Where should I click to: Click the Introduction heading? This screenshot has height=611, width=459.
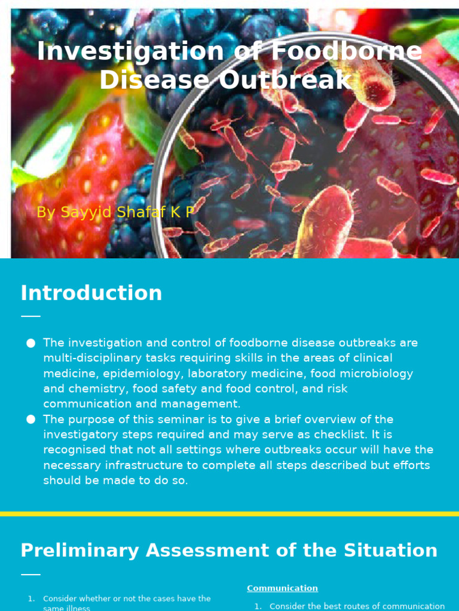91,293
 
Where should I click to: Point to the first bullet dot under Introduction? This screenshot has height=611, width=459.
31,343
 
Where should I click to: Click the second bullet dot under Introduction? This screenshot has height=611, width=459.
31,419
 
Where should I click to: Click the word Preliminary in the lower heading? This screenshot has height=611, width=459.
79,550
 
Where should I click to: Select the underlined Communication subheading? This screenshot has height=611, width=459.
282,588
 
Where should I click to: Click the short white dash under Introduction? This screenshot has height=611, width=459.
30,316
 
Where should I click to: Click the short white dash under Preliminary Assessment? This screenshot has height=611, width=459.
30,575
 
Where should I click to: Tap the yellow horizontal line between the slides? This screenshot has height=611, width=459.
229,513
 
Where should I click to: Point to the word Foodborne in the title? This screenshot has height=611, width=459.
347,51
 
